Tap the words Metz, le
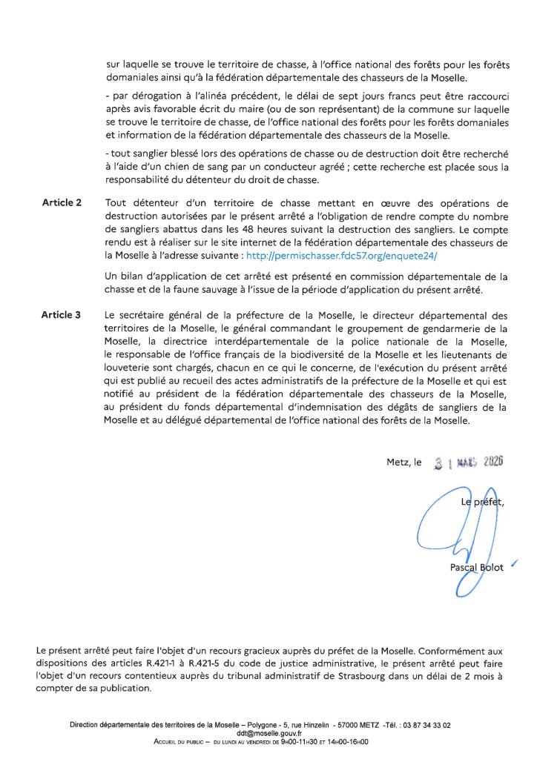(x=403, y=462)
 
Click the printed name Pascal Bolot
(x=476, y=568)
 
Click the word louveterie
(x=131, y=365)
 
